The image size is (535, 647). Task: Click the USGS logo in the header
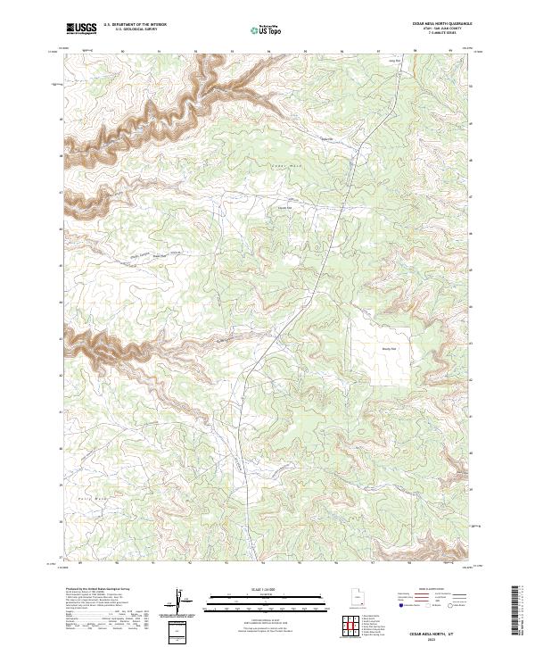(81, 29)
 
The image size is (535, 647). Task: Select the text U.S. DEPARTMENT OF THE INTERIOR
(135, 25)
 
